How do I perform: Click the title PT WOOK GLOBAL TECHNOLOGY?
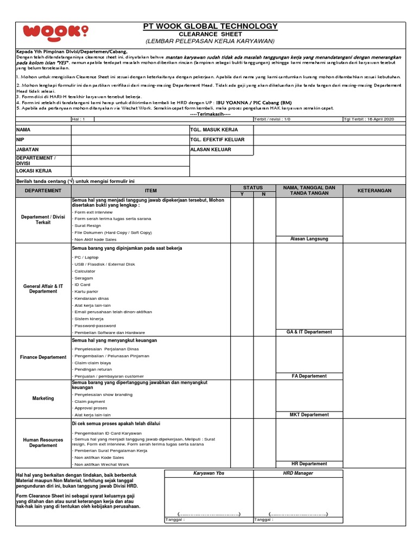click(210, 26)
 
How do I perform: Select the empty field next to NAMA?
click(129, 130)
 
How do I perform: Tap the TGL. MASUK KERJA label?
click(214, 130)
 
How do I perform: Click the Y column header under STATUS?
click(242, 194)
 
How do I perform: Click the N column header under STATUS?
click(264, 194)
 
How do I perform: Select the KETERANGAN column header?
click(374, 191)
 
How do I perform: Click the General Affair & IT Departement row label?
click(43, 288)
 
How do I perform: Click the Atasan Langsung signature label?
click(309, 239)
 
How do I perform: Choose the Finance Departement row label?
click(43, 357)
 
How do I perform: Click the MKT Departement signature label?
click(309, 415)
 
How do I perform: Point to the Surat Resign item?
click(87, 225)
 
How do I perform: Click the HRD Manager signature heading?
click(298, 473)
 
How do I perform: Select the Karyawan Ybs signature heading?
click(208, 473)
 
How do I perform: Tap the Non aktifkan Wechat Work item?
click(102, 465)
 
